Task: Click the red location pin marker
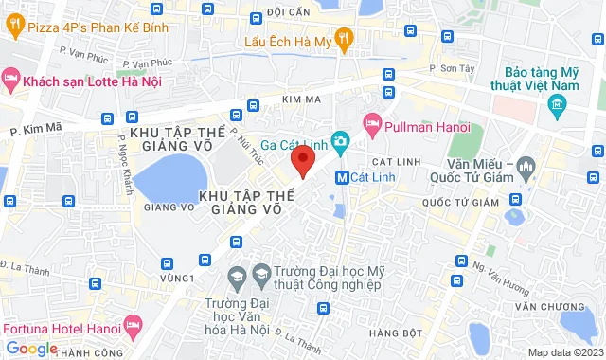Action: click(x=302, y=160)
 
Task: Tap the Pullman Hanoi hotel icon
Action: click(x=372, y=123)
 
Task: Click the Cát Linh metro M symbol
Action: click(x=341, y=177)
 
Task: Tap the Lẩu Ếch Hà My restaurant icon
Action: click(x=344, y=39)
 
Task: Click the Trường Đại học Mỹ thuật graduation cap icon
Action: click(x=236, y=278)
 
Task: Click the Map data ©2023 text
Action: click(x=564, y=352)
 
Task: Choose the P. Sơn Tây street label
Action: click(x=451, y=68)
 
